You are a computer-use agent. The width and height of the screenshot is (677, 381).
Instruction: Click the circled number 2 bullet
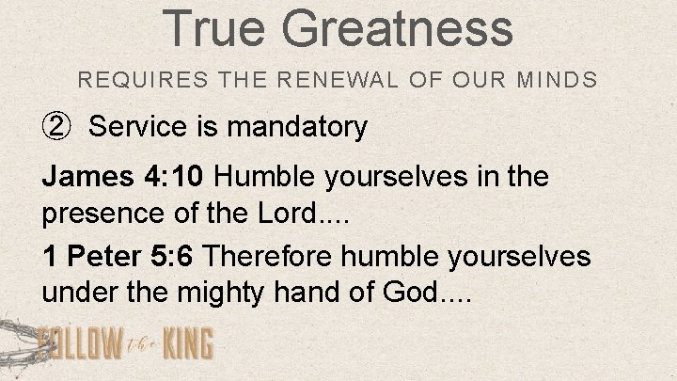click(55, 127)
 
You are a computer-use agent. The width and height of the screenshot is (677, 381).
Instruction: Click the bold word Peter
click(100, 257)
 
